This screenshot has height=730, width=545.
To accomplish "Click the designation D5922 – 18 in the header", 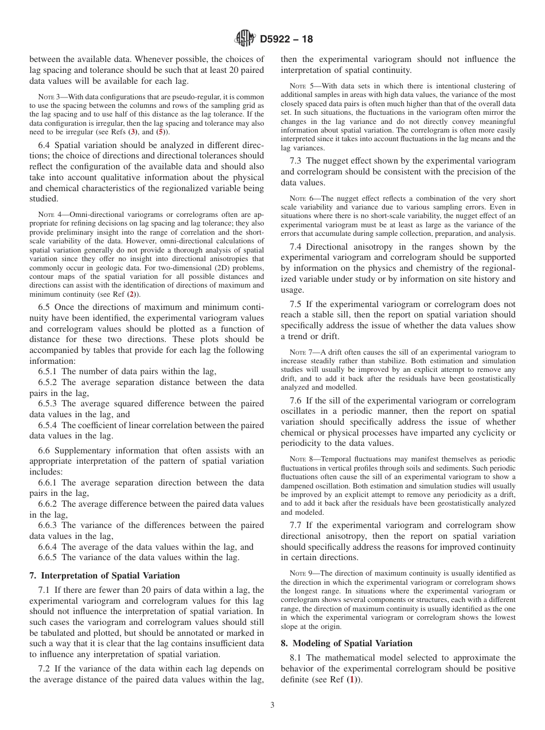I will click(x=286, y=40).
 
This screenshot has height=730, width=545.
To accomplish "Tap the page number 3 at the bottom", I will click(x=272, y=705).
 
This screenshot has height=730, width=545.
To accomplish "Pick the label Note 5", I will click(x=299, y=87).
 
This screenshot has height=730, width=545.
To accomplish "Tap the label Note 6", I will click(x=299, y=198).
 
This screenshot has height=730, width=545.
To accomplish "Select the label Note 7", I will click(x=299, y=352).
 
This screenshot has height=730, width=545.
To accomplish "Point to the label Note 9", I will click(x=299, y=573).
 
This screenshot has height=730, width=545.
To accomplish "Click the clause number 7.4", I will click(x=297, y=247).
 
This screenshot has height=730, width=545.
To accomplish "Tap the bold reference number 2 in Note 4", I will click(x=132, y=294).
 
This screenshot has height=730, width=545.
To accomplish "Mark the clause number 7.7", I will click(x=297, y=525).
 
